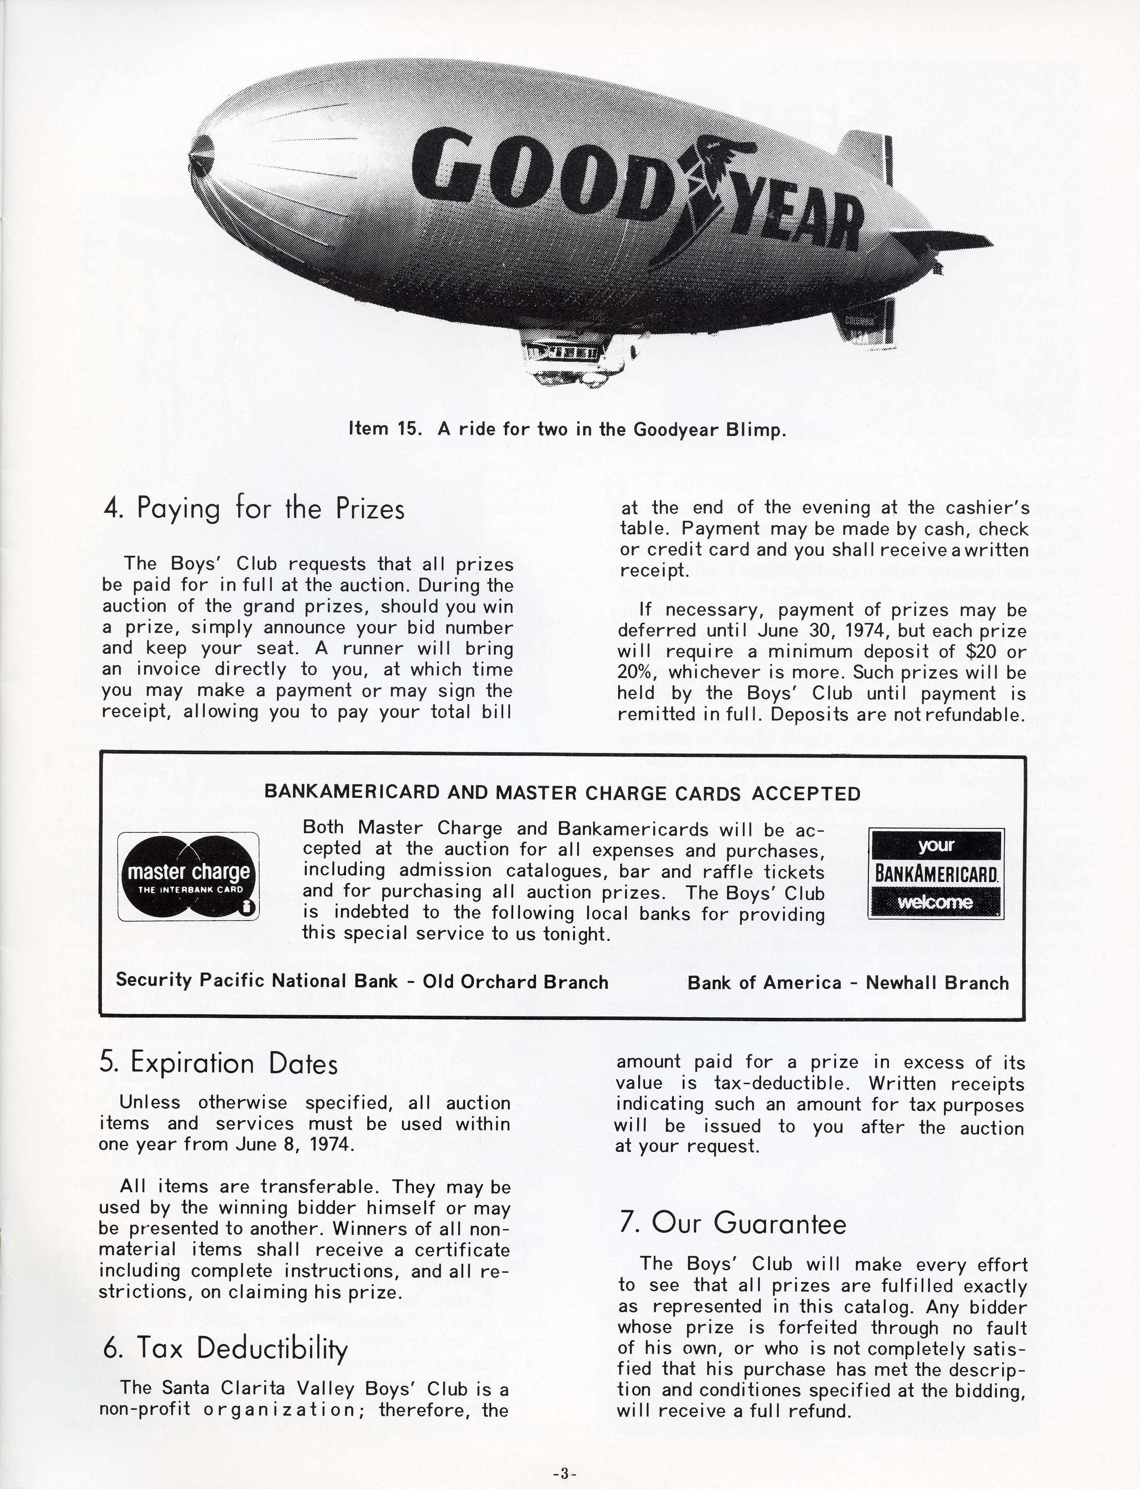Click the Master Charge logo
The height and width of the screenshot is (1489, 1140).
189,876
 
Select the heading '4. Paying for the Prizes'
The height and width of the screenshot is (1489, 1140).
254,509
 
